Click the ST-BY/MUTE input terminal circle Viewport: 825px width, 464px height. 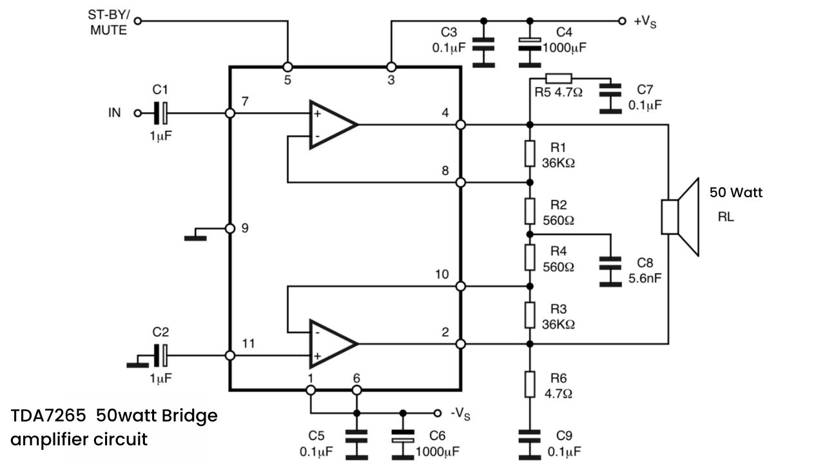coord(138,21)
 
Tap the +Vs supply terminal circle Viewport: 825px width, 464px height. coord(622,21)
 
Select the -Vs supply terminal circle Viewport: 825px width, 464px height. coord(437,413)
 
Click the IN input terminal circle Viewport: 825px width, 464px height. coord(138,113)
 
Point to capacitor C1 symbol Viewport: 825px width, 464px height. coord(160,113)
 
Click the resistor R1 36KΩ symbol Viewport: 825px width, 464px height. coord(530,153)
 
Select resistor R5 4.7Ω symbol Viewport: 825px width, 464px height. coord(559,78)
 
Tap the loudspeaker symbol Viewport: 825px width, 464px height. coord(680,217)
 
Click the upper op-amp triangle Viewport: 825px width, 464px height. coord(333,125)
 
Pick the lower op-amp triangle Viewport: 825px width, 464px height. coord(333,343)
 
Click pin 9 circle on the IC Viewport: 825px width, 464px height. coord(230,229)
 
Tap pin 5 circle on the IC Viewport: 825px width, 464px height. coord(287,67)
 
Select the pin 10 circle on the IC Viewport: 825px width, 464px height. coord(460,286)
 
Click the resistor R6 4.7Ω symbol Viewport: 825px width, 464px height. coord(530,385)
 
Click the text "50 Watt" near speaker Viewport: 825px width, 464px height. coord(736,192)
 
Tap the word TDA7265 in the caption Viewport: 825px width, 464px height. coord(48,416)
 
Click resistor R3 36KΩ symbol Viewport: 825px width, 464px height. coord(530,315)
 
